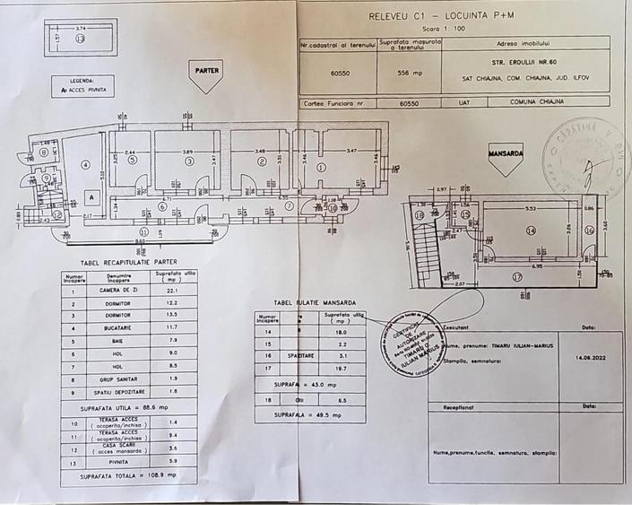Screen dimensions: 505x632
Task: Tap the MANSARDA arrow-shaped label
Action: pyautogui.click(x=506, y=154)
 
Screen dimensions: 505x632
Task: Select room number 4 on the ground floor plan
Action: pyautogui.click(x=85, y=164)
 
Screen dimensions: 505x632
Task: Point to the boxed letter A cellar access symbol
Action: pyautogui.click(x=91, y=196)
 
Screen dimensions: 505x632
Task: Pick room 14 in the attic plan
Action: pyautogui.click(x=531, y=231)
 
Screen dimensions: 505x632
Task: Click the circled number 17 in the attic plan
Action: pyautogui.click(x=516, y=277)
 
